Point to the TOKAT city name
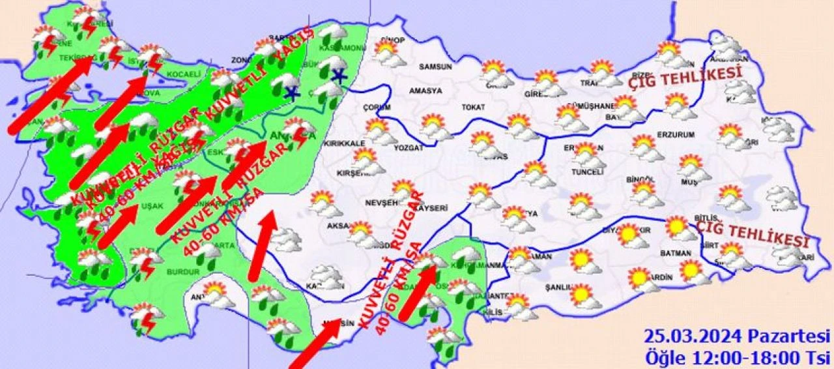click(474, 107)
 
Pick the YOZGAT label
click(409, 148)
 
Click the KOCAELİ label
click(184, 74)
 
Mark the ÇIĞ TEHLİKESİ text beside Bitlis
click(752, 232)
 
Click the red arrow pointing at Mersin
click(315, 344)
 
